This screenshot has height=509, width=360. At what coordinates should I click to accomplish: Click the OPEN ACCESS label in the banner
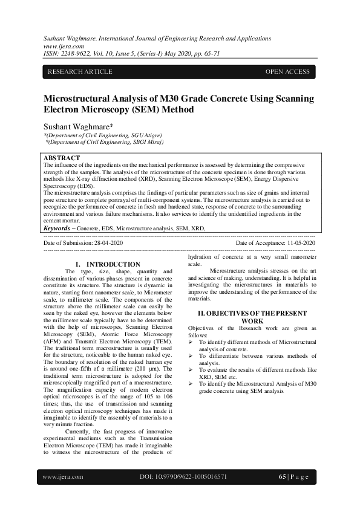point(287,72)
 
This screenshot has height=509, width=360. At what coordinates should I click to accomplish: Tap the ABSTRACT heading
point(62,158)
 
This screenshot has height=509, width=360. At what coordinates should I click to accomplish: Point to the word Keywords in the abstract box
point(57,229)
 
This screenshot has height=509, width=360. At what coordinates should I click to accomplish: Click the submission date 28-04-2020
point(108,242)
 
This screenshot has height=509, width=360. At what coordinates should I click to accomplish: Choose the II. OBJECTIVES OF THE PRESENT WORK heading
point(252,317)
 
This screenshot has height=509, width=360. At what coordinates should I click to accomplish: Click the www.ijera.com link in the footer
point(63,476)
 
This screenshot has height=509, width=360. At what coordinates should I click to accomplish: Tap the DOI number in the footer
point(183,476)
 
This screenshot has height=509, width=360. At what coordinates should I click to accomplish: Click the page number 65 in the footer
point(282,476)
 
